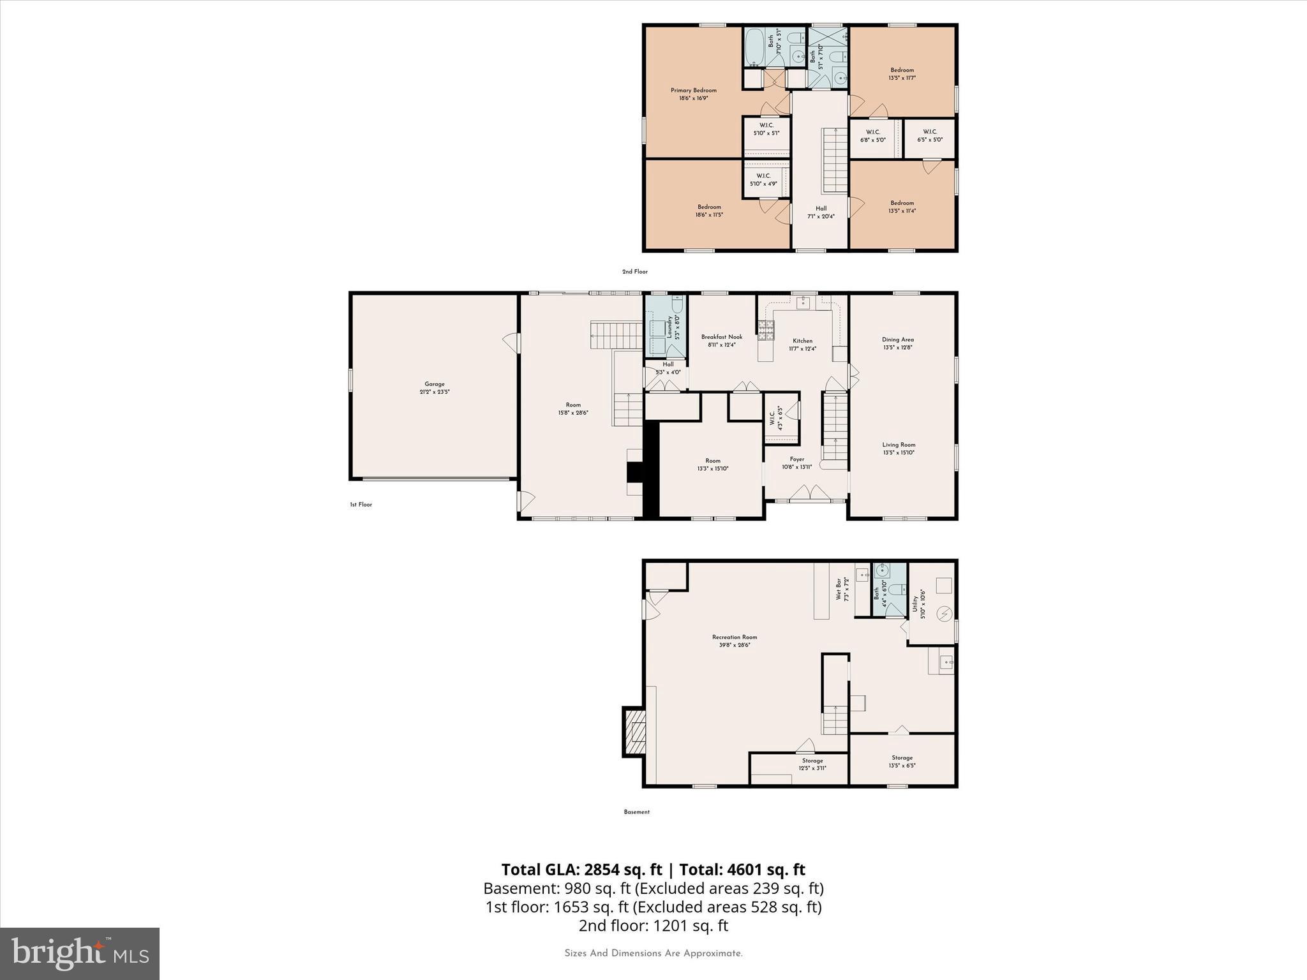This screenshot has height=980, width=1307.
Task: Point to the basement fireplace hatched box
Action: coord(635,731)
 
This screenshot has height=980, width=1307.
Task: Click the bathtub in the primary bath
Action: coord(753,47)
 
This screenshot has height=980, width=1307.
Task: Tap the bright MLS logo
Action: coord(80,953)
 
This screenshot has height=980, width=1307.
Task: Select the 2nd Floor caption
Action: coord(634,272)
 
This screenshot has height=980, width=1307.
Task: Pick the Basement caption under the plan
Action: coord(636,812)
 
